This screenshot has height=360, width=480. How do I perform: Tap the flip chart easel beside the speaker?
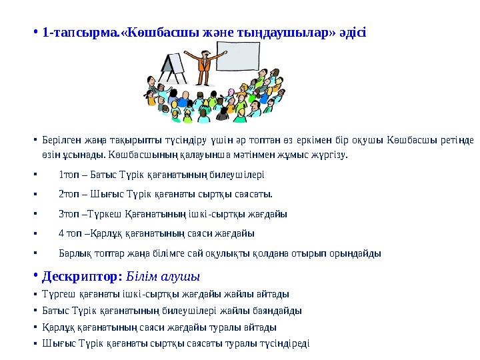(x=171, y=65)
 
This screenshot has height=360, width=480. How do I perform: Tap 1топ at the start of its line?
(x=69, y=175)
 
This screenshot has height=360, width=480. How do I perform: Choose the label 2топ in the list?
(x=69, y=195)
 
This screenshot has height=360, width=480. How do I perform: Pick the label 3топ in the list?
(x=69, y=214)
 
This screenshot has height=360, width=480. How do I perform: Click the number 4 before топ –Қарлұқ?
(x=61, y=233)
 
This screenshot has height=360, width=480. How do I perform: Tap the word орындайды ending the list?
(x=360, y=253)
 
